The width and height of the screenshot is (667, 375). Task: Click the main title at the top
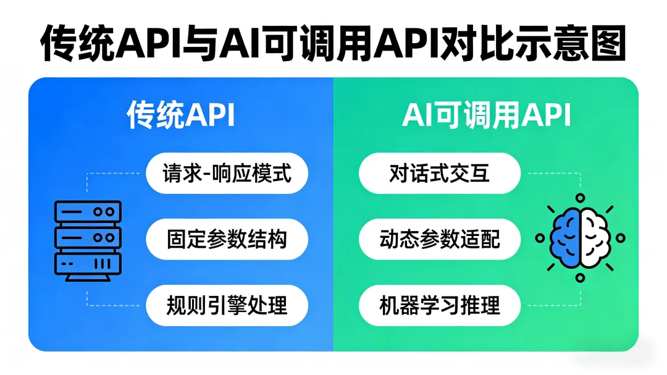[x=333, y=43]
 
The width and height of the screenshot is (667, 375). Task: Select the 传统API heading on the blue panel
[x=181, y=116]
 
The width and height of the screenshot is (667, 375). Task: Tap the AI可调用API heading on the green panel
[x=486, y=116]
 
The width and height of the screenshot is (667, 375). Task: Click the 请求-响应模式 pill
[x=227, y=173]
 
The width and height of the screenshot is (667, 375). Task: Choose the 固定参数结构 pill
[x=227, y=239]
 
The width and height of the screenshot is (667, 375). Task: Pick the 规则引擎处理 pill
[x=227, y=305]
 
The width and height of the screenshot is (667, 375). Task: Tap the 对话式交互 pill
[x=439, y=173]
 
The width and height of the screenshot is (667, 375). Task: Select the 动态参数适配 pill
[x=439, y=239]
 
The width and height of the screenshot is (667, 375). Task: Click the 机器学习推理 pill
[x=439, y=305]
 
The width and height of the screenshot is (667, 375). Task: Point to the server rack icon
[x=88, y=240]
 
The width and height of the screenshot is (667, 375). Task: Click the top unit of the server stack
[x=88, y=211]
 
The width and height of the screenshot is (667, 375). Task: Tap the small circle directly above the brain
[x=579, y=198]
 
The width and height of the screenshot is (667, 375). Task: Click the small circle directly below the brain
[x=579, y=278]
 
